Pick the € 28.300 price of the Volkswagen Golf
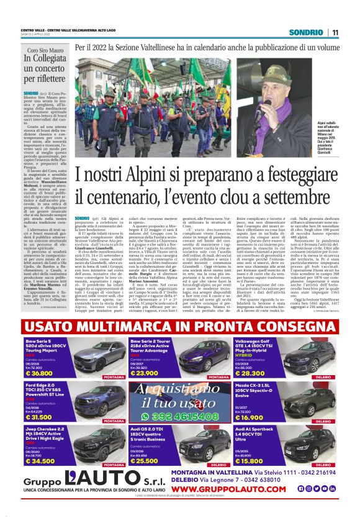coord(251,373)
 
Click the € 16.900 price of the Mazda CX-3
coord(251,417)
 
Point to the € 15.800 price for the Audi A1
coord(251,461)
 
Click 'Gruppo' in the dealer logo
coord(43,484)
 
